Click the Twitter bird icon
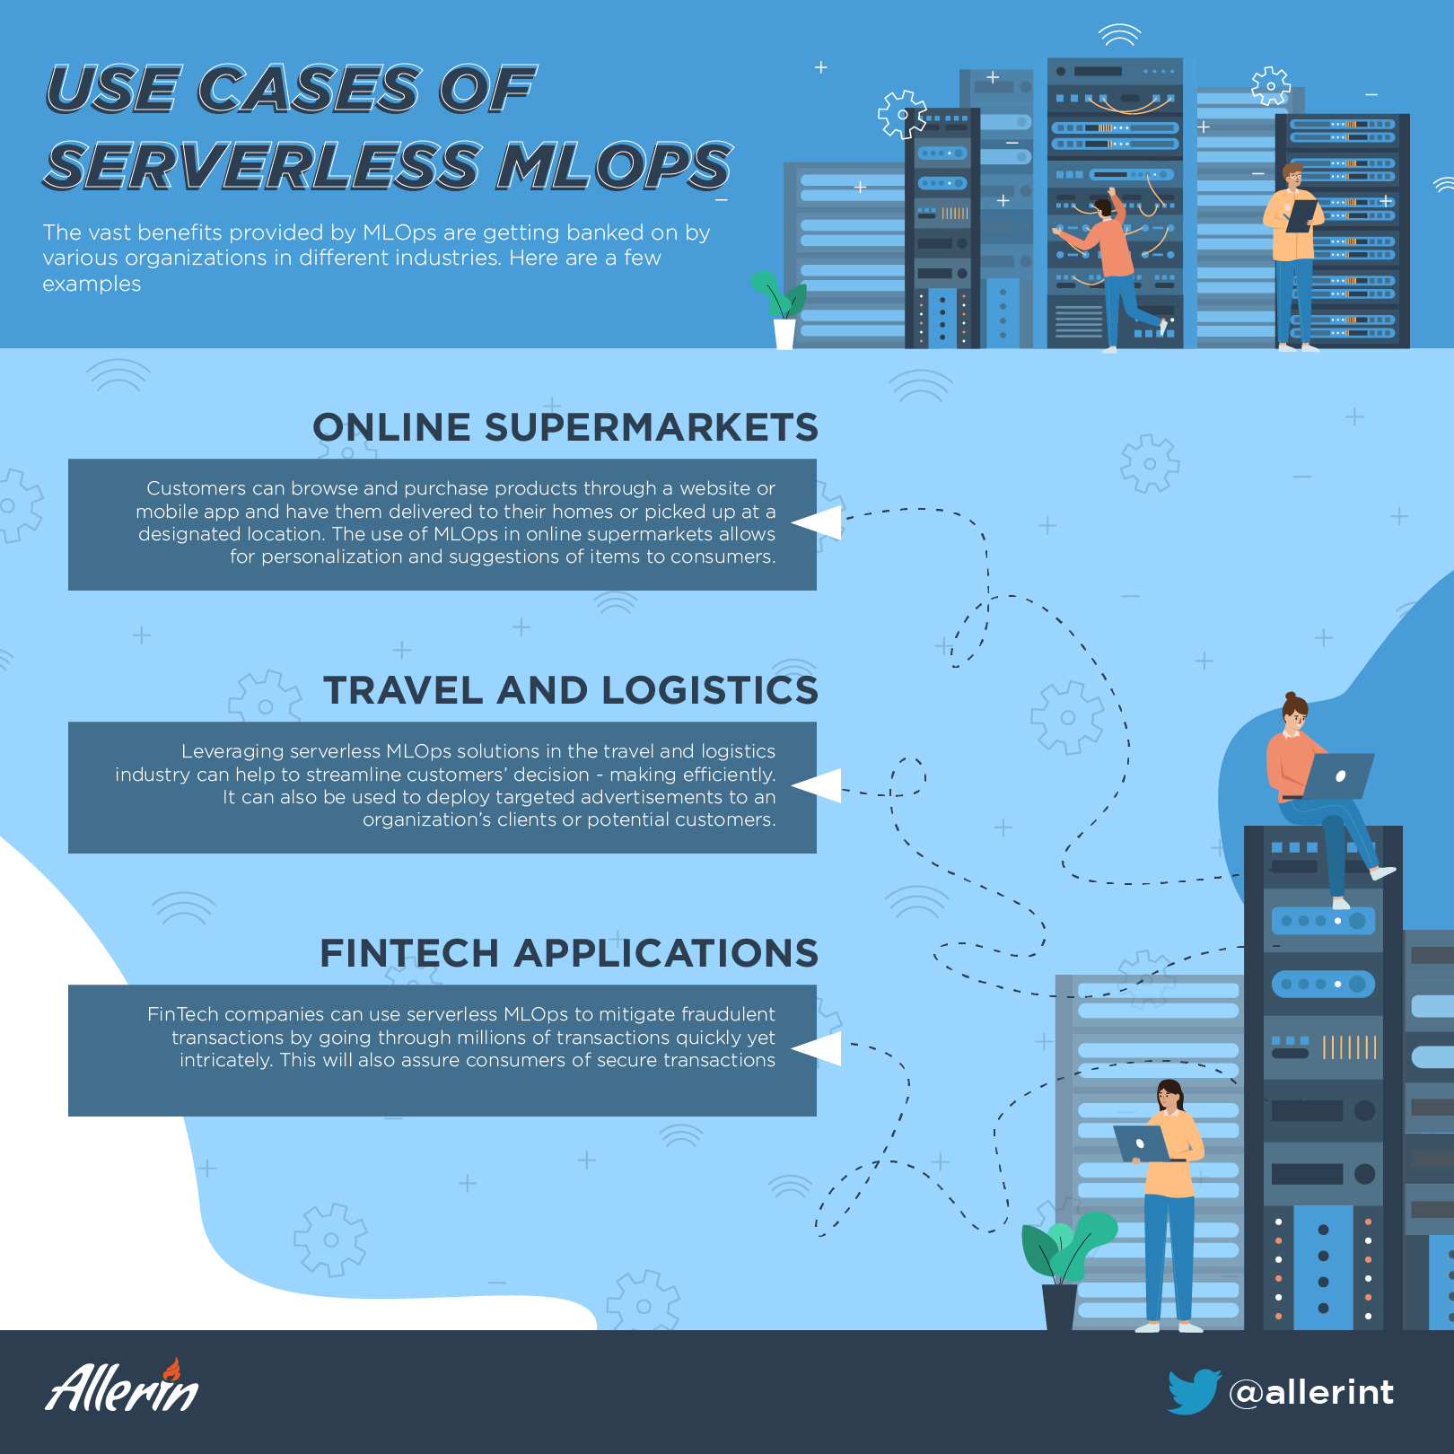point(1194,1391)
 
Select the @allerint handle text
point(1311,1392)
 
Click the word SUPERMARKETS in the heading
point(651,427)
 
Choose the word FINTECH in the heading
point(408,953)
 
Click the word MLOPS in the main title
point(615,166)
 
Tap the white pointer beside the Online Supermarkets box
point(817,522)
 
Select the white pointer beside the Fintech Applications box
point(817,1048)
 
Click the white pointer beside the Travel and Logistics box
point(817,785)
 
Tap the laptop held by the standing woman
point(1142,1143)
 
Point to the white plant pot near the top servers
point(784,334)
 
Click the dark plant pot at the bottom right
point(1060,1307)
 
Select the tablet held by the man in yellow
point(1301,215)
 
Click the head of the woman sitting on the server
point(1293,713)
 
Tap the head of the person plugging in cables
point(1103,208)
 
